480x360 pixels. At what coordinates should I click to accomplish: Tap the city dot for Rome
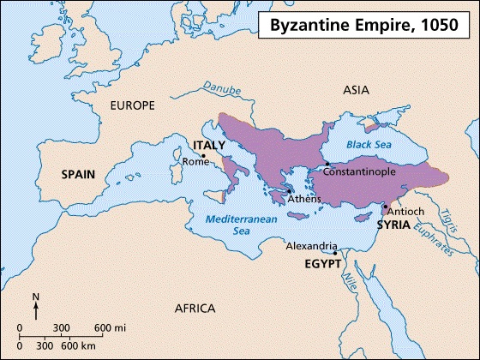(203, 156)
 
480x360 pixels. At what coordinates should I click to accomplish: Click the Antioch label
(404, 210)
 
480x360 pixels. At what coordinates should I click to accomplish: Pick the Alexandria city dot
(335, 253)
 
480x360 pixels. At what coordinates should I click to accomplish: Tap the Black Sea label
(369, 145)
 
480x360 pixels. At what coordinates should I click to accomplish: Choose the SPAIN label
(80, 173)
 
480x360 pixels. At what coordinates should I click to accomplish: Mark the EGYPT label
(322, 263)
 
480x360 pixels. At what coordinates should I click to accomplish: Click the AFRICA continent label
(195, 309)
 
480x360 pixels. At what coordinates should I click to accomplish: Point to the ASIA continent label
(355, 89)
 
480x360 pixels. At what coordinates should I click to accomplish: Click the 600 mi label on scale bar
(110, 328)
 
